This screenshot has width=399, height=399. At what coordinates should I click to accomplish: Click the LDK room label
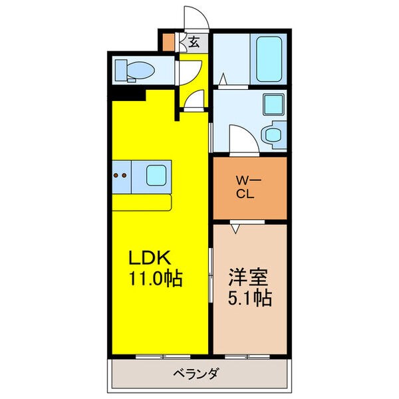[150, 258]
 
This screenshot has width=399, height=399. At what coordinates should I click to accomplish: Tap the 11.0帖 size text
[156, 279]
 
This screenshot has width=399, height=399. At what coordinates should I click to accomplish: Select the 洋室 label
[248, 277]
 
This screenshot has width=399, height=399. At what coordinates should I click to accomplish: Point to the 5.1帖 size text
[250, 298]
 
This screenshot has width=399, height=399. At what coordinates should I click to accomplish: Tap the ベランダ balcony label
[196, 374]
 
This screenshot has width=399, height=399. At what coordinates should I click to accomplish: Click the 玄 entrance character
[194, 43]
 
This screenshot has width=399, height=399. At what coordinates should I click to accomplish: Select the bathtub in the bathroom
[269, 59]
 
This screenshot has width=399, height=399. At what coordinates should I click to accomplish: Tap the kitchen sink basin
[156, 176]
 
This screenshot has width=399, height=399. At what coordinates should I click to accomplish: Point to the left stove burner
[116, 176]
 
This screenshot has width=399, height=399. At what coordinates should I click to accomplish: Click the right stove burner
[124, 176]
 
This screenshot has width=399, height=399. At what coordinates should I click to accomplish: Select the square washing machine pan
[273, 104]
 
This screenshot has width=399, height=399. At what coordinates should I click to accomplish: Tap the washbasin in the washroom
[273, 135]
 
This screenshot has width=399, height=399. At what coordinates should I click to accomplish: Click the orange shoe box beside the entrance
[168, 42]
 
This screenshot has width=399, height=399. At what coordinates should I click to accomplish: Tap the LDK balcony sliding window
[163, 356]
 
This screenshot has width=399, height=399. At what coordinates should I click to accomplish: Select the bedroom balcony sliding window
[247, 356]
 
